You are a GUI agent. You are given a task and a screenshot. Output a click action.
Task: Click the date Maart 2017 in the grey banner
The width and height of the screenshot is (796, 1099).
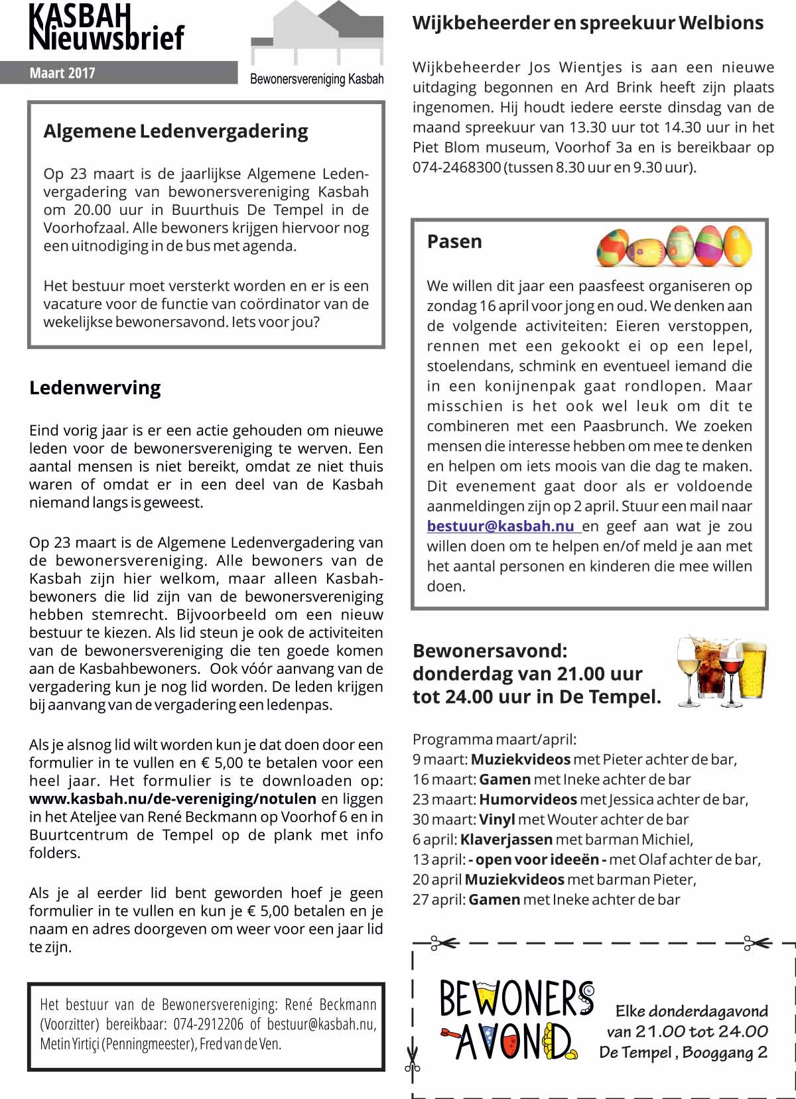62,73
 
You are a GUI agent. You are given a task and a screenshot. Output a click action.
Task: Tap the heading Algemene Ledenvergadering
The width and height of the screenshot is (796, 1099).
176,131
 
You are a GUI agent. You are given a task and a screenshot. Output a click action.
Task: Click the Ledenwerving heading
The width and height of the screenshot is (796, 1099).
95,388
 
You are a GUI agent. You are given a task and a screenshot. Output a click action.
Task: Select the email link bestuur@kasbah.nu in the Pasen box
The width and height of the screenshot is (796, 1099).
501,527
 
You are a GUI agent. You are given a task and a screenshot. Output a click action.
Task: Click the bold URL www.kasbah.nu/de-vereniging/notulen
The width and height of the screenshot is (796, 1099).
172,799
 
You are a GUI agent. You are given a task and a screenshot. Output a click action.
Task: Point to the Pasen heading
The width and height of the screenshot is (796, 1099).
454,241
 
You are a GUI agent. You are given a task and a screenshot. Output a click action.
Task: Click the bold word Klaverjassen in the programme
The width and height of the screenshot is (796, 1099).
506,840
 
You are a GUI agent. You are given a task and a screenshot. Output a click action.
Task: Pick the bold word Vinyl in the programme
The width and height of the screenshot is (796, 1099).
497,820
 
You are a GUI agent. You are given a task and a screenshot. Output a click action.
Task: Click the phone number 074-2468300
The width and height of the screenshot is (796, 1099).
456,167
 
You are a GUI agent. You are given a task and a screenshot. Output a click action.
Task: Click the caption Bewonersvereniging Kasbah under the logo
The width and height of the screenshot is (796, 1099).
316,80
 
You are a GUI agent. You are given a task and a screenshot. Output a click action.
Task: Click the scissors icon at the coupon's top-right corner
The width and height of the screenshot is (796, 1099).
756,942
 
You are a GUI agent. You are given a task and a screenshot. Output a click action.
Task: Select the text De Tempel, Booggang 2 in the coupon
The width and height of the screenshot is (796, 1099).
683,1053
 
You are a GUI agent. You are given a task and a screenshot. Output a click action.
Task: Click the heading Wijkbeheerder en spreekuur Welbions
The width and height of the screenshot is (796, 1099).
588,23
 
